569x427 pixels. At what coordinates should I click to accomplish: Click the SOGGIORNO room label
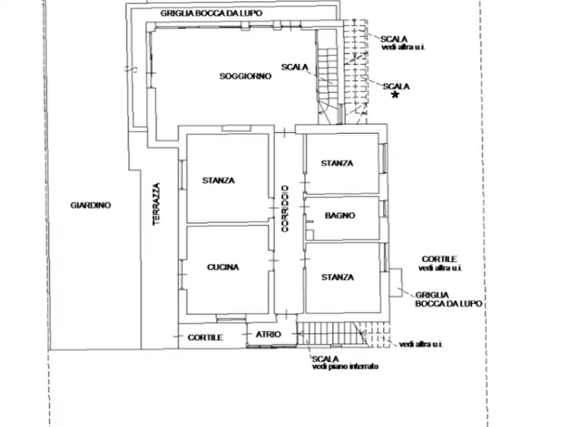coord(245,76)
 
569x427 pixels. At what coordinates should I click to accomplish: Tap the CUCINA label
coord(223,267)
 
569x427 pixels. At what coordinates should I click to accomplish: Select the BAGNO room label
coord(340,215)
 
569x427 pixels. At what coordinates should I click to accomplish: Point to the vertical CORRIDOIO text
coord(285,209)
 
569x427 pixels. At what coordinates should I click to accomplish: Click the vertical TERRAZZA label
coord(156,204)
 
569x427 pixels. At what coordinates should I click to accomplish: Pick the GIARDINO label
coord(90,205)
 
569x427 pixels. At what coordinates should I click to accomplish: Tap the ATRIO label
coord(268,335)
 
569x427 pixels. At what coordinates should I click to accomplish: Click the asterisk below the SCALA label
coord(395,95)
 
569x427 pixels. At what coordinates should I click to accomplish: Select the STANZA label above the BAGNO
coord(337,163)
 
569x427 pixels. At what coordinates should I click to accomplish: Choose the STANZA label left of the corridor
coord(219,180)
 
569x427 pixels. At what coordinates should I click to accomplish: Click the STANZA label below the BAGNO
coord(338,277)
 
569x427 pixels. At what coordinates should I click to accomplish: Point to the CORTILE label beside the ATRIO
coord(205,338)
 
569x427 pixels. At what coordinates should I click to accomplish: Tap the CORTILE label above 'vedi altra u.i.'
coord(439,259)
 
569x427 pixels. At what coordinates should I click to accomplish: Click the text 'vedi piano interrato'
coord(345,366)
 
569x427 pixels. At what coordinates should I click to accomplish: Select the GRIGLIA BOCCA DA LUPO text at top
coord(211,13)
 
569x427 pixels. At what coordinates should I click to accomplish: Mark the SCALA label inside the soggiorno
coord(294,67)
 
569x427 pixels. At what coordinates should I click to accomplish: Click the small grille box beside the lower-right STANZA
coord(396,282)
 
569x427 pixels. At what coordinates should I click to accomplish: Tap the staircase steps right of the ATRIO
coord(332,334)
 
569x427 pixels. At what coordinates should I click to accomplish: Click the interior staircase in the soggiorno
coord(328,76)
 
